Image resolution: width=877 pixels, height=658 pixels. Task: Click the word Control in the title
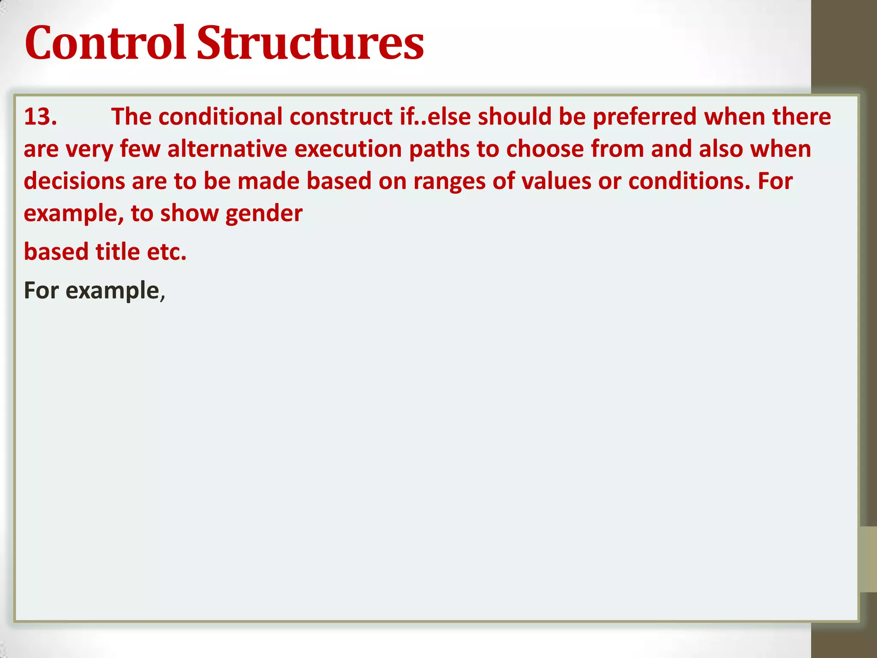pyautogui.click(x=105, y=43)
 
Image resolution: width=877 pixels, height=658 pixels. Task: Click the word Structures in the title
pyautogui.click(x=310, y=43)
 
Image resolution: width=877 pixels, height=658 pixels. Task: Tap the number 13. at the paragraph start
pyautogui.click(x=40, y=117)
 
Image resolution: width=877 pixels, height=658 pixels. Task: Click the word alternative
pyautogui.click(x=227, y=149)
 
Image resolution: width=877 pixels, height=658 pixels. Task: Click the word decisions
pyautogui.click(x=74, y=181)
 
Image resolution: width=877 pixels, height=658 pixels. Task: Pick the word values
pyautogui.click(x=556, y=181)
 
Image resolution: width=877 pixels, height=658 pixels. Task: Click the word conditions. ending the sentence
pyautogui.click(x=689, y=181)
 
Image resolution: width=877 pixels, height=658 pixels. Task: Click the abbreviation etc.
pyautogui.click(x=167, y=251)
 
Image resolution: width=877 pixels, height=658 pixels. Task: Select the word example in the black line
pyautogui.click(x=112, y=290)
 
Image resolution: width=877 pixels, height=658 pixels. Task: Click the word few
pyautogui.click(x=140, y=149)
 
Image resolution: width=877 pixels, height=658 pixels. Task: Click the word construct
pyautogui.click(x=341, y=117)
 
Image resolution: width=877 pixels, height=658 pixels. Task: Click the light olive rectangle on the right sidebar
pyautogui.click(x=868, y=559)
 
